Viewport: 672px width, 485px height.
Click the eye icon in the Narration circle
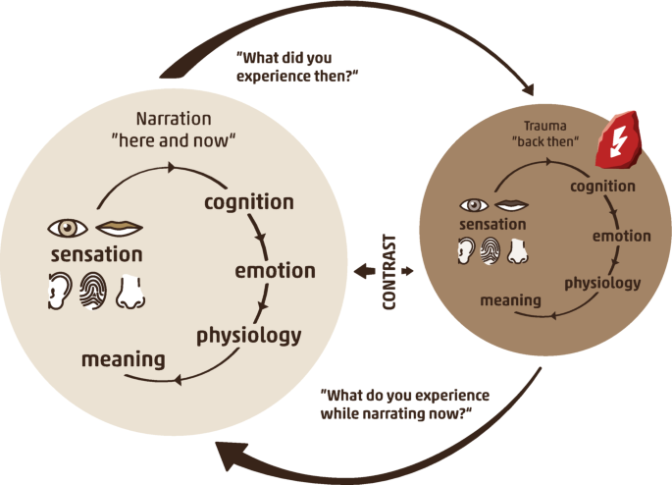coord(68,228)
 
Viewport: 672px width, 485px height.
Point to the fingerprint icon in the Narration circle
coord(95,292)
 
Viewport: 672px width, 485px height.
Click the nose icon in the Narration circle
coord(130,292)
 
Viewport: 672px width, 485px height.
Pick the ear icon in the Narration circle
coord(60,292)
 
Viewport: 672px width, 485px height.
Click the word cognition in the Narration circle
coord(248,202)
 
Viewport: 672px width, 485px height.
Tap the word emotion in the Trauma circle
coord(621,236)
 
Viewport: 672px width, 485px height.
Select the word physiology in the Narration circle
coord(248,334)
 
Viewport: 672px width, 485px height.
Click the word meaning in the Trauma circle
coord(511,299)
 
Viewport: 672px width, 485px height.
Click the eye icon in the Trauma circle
coord(475,206)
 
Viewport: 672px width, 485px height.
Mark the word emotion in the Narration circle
coord(275,270)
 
